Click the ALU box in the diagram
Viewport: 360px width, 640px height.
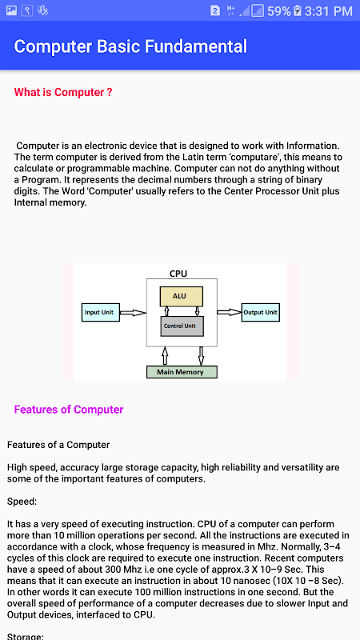181,296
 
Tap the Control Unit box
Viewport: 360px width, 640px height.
182,326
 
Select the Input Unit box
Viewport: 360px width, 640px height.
101,312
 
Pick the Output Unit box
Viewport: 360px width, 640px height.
261,312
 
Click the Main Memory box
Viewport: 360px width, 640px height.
182,372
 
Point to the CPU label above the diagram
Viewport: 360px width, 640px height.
178,274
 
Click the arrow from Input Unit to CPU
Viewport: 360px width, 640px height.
133,313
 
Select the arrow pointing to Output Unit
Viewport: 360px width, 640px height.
229,312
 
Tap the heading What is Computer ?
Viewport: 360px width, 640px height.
63,92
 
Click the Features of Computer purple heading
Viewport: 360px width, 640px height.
69,410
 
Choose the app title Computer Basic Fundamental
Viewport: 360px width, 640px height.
130,46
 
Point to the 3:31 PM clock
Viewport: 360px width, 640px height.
328,11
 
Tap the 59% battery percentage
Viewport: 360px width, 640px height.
279,11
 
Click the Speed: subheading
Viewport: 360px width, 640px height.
22,502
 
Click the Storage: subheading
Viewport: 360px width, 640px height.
26,636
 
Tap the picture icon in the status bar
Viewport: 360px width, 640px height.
11,10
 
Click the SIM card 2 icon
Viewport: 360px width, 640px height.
215,11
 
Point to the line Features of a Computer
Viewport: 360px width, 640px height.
58,445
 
